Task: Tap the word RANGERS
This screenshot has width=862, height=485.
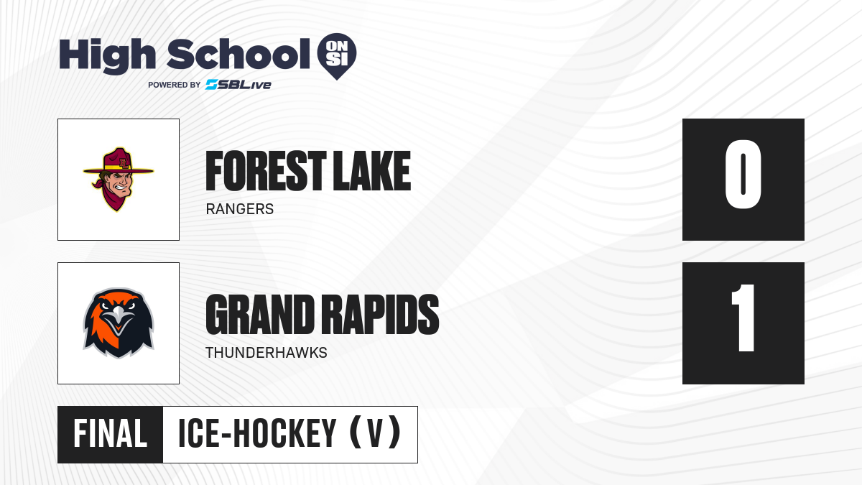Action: point(240,209)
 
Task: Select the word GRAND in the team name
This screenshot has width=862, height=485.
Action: point(260,315)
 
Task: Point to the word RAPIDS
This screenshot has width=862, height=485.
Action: point(380,315)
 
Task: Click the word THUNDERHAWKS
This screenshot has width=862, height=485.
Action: point(267,353)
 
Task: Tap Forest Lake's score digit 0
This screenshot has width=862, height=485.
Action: point(743,175)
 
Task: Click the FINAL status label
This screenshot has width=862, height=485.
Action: point(111,434)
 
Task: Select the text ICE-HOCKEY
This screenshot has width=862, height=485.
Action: point(257,434)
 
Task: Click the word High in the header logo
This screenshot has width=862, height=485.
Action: point(107,55)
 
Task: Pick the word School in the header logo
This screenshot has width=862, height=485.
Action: point(238,54)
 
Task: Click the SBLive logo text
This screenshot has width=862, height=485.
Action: point(238,85)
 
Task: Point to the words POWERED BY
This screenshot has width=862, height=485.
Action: point(175,85)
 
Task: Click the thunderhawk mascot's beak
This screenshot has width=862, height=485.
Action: point(119,319)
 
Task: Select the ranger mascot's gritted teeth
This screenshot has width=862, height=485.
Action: point(121,189)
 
